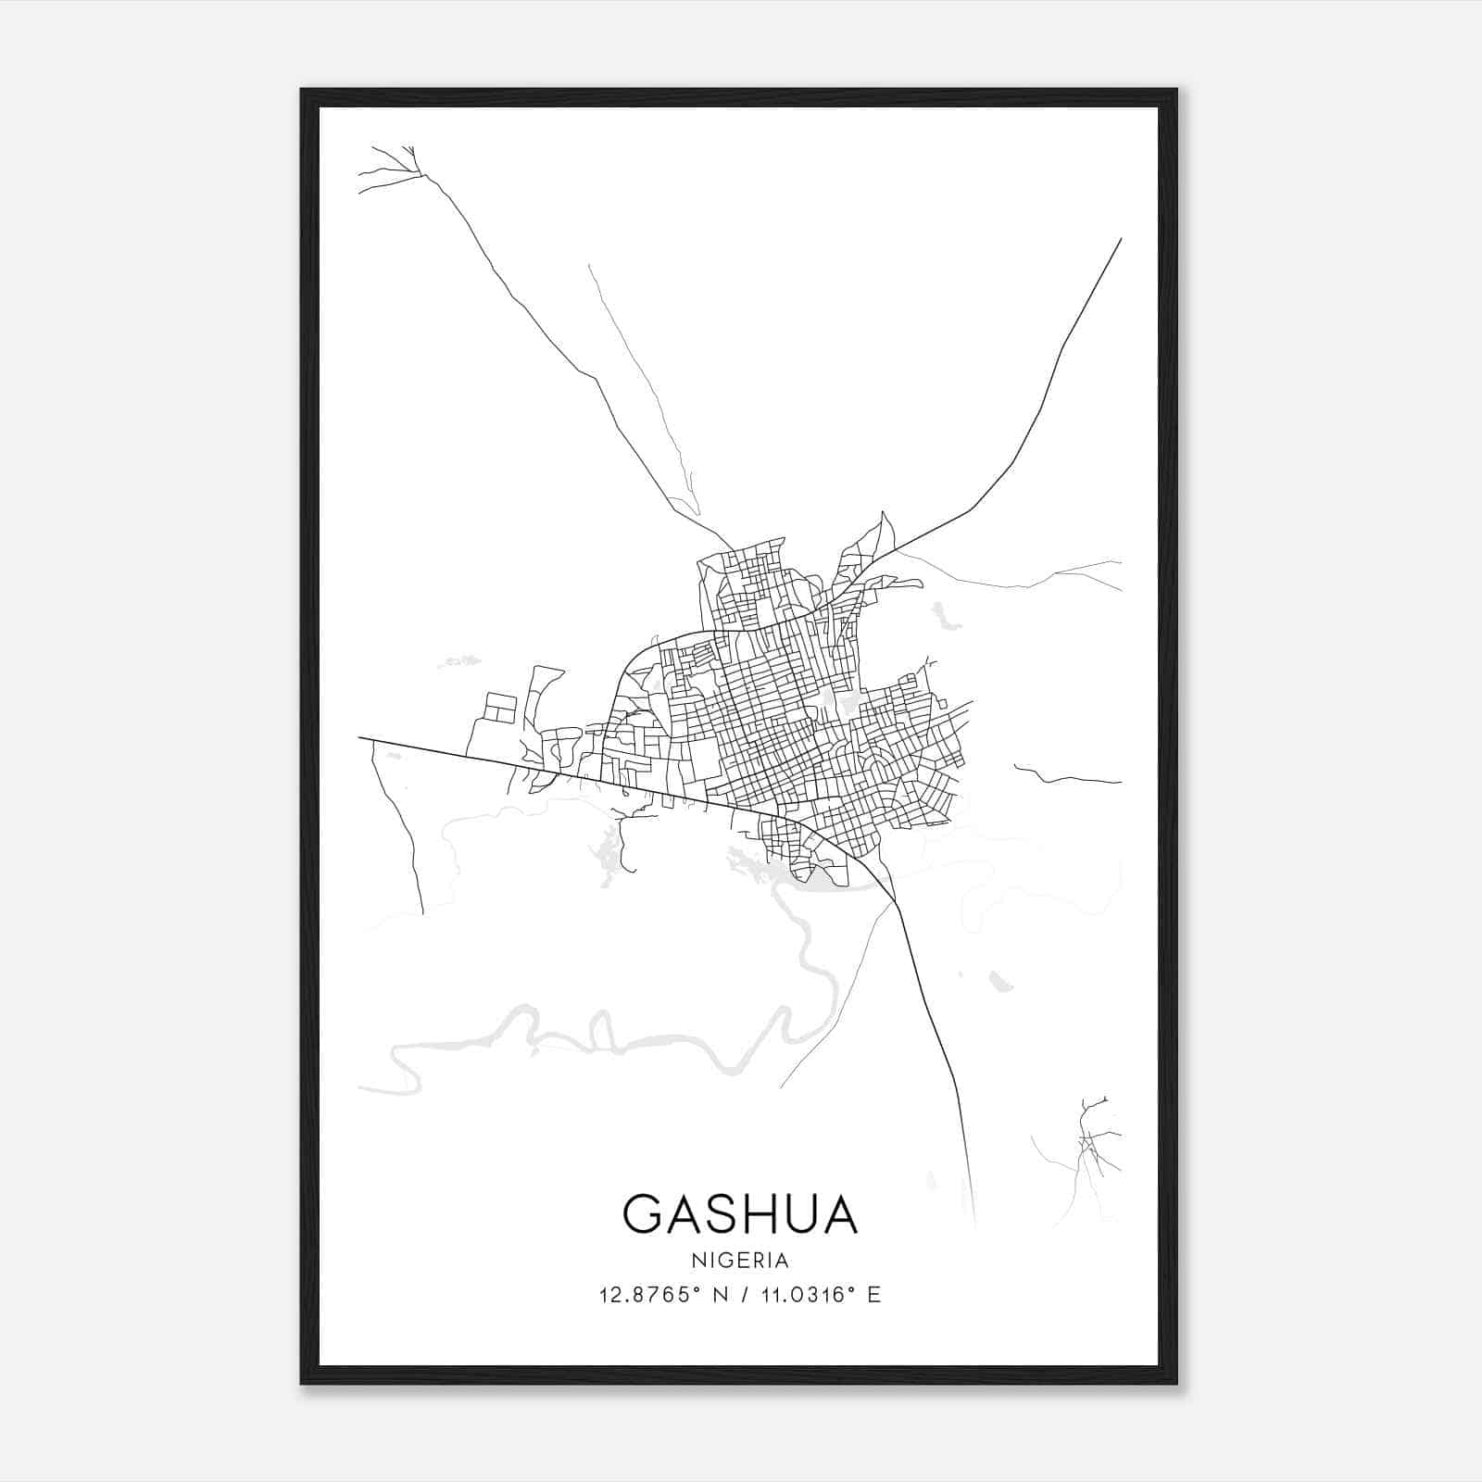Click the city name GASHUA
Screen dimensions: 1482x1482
coord(740,1214)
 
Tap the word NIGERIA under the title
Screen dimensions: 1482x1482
coord(740,1261)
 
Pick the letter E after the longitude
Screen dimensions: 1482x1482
coord(873,1295)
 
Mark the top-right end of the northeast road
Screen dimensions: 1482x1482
coord(1121,239)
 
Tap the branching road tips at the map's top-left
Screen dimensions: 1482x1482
coord(389,167)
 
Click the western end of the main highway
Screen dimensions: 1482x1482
coord(360,738)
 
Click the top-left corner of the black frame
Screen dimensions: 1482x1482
coord(303,91)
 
